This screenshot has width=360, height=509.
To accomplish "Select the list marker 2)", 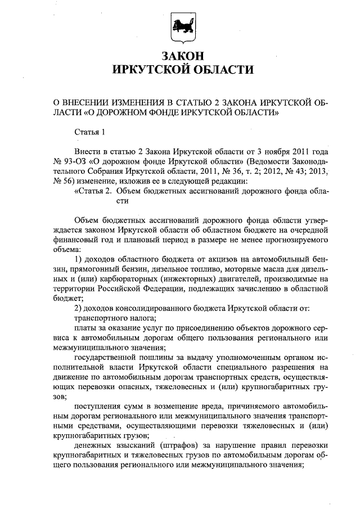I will click(79, 308).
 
